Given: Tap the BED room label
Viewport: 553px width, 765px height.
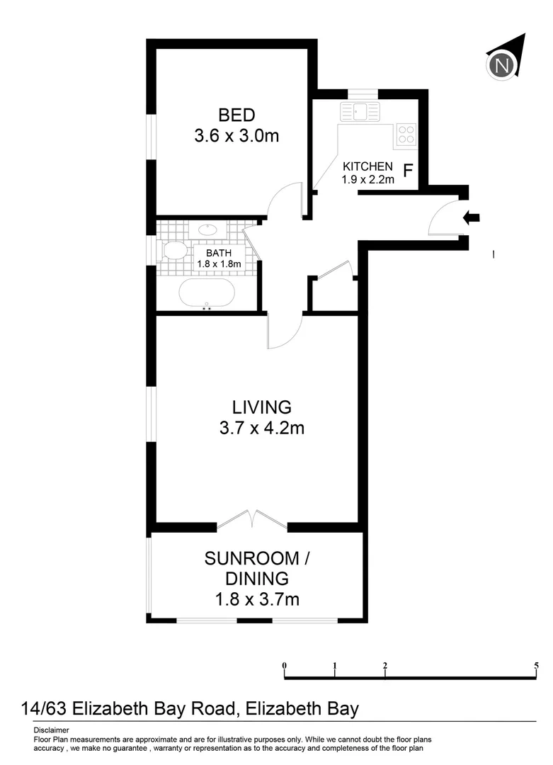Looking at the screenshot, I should point(236,115).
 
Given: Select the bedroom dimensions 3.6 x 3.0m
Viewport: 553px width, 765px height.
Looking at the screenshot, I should point(236,136).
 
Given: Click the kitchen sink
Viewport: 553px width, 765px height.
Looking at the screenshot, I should point(360,111).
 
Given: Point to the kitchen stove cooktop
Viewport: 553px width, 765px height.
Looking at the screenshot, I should point(406,134).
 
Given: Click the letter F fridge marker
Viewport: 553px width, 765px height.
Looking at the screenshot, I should point(408,171).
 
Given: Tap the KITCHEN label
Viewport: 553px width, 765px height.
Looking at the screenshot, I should point(367,166).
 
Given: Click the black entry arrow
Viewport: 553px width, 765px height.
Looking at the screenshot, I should point(470,217).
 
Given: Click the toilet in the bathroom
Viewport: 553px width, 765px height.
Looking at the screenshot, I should point(173,250).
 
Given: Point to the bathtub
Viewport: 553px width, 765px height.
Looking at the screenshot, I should point(207,292).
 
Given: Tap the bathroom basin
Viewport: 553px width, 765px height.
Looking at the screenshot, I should point(208,229).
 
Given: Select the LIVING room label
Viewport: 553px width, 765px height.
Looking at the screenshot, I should point(261,407).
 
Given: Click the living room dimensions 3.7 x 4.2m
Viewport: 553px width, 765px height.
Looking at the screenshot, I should point(261,428).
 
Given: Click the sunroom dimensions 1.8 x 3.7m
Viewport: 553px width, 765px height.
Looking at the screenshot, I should point(256,599).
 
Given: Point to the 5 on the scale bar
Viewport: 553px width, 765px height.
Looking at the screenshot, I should point(536,666).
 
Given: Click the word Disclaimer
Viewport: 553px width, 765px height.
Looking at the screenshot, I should point(51,730).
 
